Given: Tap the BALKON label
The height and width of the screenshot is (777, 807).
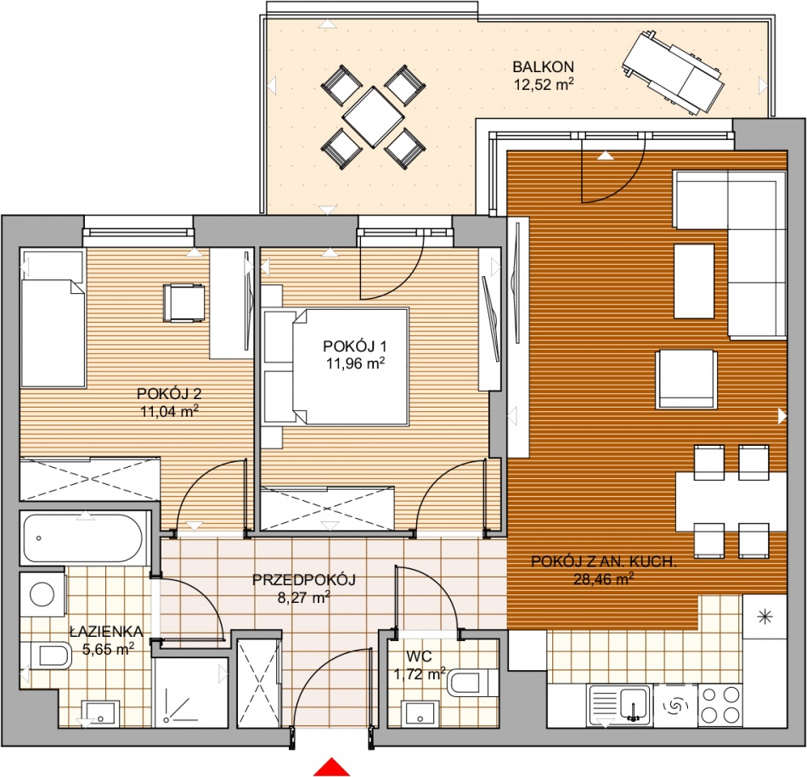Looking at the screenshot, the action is (543, 67).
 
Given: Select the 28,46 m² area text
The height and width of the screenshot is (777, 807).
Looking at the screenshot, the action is (603, 579).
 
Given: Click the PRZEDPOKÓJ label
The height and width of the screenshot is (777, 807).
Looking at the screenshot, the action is (303, 580).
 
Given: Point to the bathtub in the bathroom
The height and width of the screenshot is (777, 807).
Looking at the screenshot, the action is (83, 538).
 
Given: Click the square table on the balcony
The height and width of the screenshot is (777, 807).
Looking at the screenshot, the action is (373, 117).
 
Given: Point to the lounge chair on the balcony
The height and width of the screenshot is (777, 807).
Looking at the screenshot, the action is (672, 72).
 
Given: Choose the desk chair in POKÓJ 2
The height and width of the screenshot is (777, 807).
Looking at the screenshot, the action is (183, 303).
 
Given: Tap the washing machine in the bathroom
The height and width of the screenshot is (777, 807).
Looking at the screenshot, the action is (43, 594).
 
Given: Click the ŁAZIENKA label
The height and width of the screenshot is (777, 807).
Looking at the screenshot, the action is (106, 632).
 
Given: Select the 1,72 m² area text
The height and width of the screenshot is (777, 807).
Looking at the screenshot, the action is (420, 673).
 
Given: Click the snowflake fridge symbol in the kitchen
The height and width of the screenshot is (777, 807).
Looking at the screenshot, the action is (765, 617).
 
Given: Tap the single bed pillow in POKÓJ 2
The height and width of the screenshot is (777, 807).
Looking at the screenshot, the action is (53, 266).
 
